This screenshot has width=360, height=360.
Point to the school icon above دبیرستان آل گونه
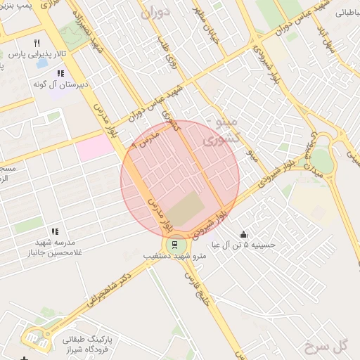click(60, 73)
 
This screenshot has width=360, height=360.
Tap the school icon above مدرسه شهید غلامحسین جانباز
click(54, 231)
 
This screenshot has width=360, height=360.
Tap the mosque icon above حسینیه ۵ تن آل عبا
click(243, 235)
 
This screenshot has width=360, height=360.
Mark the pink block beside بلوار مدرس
click(94, 147)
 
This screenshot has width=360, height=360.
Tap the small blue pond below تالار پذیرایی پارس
click(42, 63)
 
